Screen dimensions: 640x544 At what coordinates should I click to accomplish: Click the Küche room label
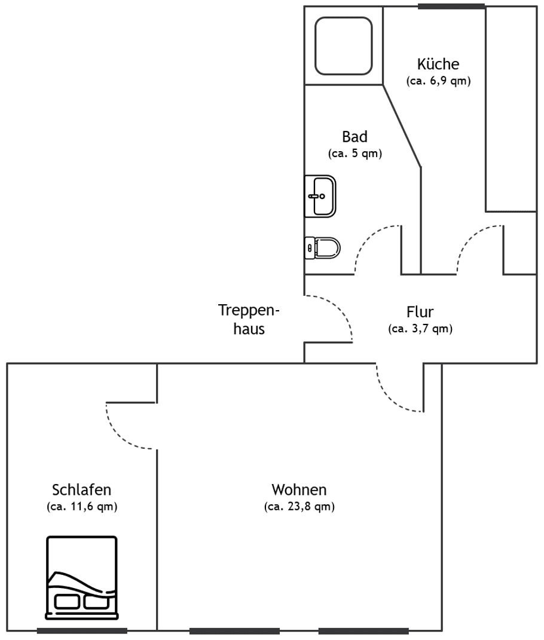[438, 65]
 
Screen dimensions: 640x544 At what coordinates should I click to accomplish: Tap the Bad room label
[354, 137]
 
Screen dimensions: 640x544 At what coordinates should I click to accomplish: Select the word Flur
[420, 311]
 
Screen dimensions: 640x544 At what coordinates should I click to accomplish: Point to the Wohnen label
[299, 490]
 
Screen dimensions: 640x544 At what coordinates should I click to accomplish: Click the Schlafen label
[81, 490]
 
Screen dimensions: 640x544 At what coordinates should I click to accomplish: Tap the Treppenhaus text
[249, 319]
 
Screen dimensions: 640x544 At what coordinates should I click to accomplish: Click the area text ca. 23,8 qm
[299, 507]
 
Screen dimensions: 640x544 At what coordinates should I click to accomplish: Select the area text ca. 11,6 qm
[81, 507]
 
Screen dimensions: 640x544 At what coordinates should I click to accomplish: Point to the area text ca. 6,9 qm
[438, 81]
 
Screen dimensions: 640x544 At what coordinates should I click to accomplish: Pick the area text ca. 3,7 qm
[420, 328]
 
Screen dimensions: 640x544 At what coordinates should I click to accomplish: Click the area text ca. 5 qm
[354, 154]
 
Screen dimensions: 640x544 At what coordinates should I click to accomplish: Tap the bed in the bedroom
[81, 577]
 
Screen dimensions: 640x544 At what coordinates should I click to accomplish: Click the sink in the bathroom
[320, 195]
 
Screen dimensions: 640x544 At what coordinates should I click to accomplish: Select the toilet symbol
[322, 246]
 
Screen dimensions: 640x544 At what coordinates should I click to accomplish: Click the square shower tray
[343, 45]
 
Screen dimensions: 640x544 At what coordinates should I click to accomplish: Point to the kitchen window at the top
[451, 7]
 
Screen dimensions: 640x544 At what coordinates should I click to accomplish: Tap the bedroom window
[82, 630]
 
